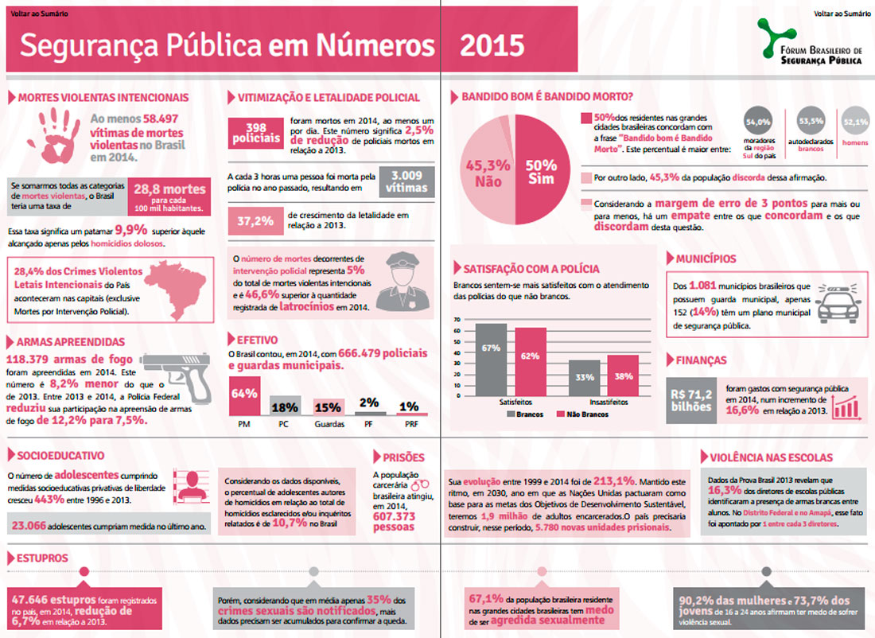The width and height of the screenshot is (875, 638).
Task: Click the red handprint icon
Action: (x=59, y=133)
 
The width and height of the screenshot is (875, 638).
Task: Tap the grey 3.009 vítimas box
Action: (x=406, y=181)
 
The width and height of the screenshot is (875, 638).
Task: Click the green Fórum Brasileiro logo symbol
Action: (x=770, y=40)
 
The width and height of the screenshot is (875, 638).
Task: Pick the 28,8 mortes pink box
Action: (x=169, y=196)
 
